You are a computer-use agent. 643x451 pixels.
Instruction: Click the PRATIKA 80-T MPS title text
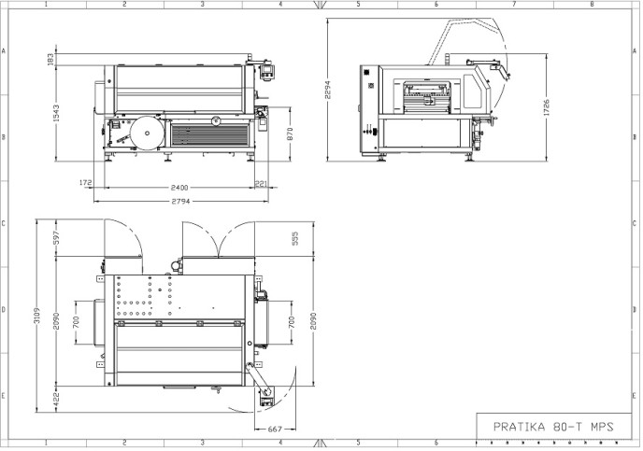[x=552, y=427]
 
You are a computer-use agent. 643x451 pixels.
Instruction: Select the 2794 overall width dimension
[x=181, y=202]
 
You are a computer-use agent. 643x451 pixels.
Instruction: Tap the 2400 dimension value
[x=179, y=188]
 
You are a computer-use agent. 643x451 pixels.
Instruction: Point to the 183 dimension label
[x=50, y=60]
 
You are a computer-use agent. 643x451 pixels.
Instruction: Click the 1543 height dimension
[x=56, y=113]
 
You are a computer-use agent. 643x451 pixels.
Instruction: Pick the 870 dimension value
[x=291, y=134]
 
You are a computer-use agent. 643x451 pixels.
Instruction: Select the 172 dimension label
[x=86, y=183]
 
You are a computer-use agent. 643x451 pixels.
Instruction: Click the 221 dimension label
[x=262, y=184]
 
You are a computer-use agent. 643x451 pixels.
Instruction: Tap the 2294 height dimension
[x=327, y=90]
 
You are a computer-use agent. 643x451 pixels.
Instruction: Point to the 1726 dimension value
[x=546, y=107]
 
